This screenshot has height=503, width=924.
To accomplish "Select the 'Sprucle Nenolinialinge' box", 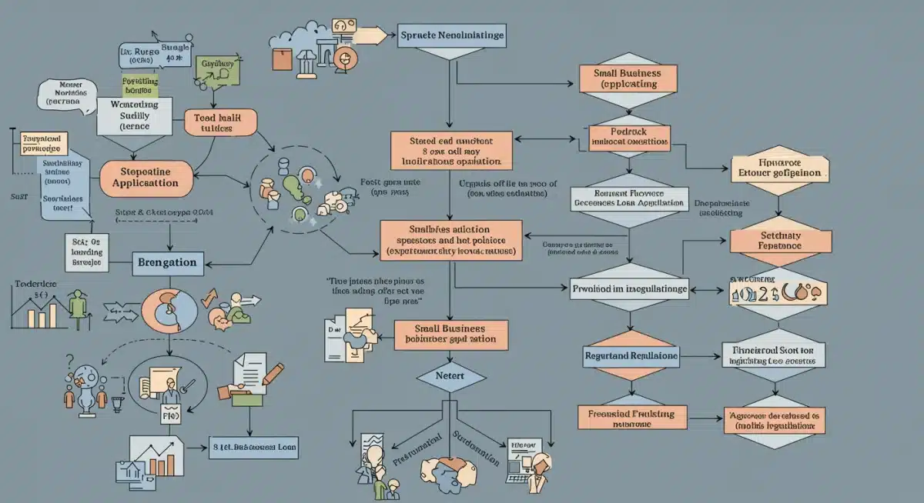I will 453,36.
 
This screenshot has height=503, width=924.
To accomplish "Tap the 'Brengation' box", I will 166,262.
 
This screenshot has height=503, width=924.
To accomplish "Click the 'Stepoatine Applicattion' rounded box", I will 146,178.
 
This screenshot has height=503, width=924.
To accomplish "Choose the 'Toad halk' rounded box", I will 220,122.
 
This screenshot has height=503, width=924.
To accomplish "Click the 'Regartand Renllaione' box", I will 631,357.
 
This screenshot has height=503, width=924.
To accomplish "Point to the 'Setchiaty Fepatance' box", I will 779,241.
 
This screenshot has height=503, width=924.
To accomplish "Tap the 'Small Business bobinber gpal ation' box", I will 451,333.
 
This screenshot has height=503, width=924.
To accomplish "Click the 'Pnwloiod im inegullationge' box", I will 629,290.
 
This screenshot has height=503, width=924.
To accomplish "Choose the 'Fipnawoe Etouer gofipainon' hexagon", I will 779,169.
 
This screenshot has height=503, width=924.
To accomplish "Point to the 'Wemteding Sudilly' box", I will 135,113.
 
